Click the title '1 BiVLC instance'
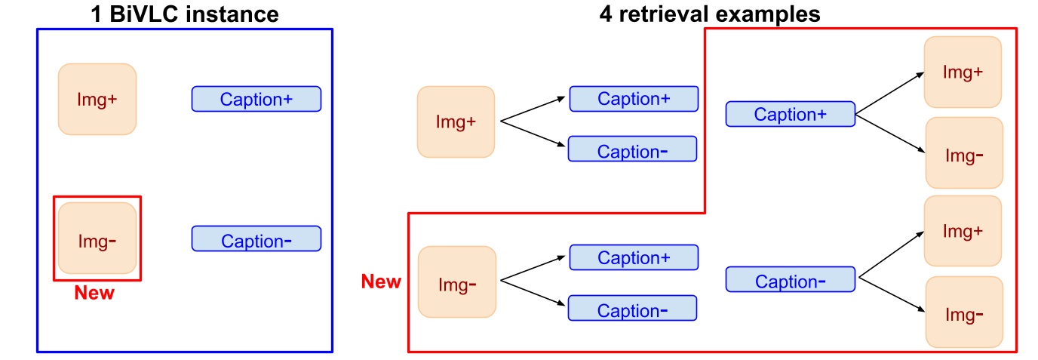(x=183, y=14)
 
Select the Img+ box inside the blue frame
(x=97, y=99)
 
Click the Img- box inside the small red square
(x=97, y=238)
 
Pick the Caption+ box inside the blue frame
(x=256, y=99)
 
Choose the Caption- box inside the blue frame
(x=256, y=239)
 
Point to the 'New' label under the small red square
(x=94, y=293)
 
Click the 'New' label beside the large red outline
(x=381, y=282)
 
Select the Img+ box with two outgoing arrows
(x=456, y=122)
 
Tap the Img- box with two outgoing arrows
(x=456, y=282)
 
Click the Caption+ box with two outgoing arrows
(x=790, y=114)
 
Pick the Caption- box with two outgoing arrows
(x=790, y=280)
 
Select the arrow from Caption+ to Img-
(x=890, y=133)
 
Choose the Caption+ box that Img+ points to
(x=634, y=99)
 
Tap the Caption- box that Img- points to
(x=632, y=309)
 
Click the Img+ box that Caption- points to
(x=963, y=231)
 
